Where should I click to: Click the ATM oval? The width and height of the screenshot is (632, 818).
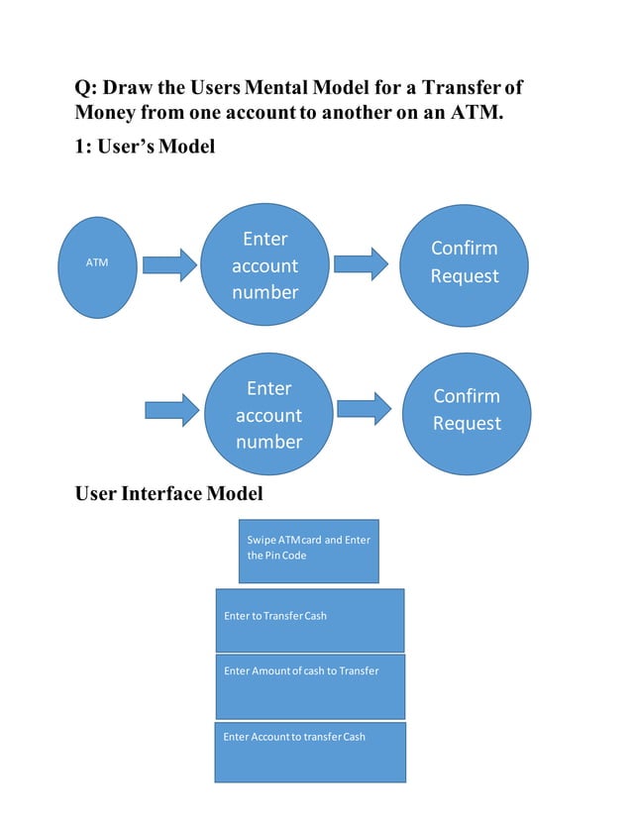click(x=97, y=262)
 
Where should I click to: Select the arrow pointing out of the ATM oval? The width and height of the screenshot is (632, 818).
click(x=169, y=264)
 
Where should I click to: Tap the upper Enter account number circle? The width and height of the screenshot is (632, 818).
click(x=264, y=264)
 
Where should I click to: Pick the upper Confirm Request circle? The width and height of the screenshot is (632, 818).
click(x=464, y=262)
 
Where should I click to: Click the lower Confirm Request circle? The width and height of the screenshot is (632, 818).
click(x=467, y=410)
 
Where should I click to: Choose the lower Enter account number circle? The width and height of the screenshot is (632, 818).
click(x=268, y=414)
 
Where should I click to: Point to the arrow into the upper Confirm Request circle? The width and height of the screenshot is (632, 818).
click(x=361, y=263)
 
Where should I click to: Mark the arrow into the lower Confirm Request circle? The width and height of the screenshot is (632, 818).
click(x=364, y=409)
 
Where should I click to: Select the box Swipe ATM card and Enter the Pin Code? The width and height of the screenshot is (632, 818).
click(x=307, y=551)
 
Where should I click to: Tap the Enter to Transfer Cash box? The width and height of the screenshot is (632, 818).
click(x=310, y=620)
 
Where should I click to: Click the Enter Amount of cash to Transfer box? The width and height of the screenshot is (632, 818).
click(x=310, y=685)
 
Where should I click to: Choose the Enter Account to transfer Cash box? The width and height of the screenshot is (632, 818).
click(x=310, y=752)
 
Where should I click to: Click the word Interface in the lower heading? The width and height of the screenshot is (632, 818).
click(x=161, y=492)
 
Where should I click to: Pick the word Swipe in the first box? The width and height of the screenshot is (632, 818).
click(x=261, y=540)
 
